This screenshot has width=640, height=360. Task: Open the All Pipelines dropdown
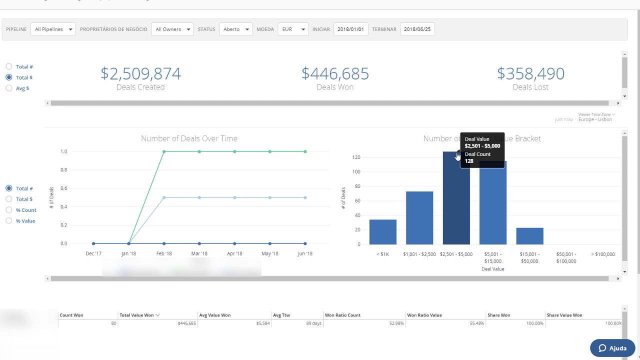53,29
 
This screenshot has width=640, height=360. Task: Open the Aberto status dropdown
235,29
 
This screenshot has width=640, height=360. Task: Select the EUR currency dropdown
293,29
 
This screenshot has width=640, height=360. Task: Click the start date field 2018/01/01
350,29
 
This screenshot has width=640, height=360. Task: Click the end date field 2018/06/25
417,29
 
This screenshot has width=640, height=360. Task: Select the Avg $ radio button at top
9,88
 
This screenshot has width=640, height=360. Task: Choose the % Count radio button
9,210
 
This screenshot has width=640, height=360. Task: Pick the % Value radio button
9,221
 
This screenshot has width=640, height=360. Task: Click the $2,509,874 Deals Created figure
140,74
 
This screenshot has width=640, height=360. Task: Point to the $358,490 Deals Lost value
530,74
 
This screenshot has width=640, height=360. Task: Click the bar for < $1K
383,232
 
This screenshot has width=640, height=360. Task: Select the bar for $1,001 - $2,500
419,218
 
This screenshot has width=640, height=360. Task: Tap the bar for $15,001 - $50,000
529,236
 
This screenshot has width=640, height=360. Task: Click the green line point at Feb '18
164,151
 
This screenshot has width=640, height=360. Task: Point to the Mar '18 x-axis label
199,253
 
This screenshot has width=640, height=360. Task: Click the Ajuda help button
612,348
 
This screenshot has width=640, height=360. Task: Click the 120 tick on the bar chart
356,157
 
